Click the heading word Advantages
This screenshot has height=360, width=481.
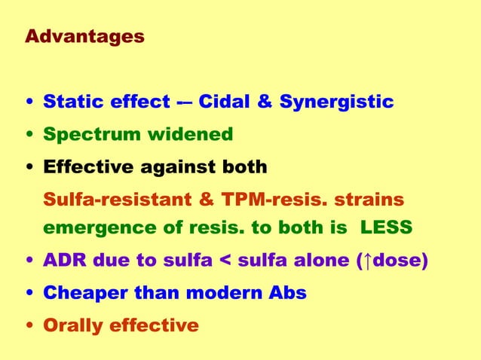click(x=84, y=36)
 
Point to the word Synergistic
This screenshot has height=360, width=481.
click(x=336, y=102)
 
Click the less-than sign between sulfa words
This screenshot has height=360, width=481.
click(x=223, y=261)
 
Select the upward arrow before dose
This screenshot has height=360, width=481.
click(x=366, y=261)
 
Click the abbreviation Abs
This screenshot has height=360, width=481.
click(x=288, y=293)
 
